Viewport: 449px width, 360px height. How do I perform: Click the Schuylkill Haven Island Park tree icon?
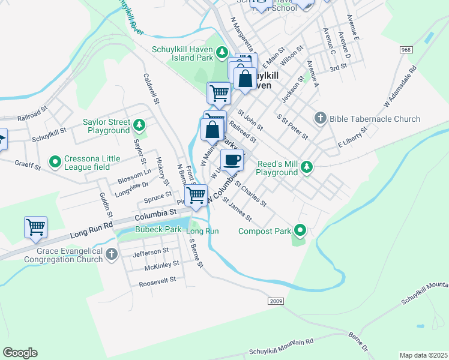(x=221, y=53)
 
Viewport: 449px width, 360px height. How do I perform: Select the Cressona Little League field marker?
(x=55, y=161)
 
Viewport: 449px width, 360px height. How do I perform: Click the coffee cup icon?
(x=232, y=160)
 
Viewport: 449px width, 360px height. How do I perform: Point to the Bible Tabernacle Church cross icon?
(x=320, y=118)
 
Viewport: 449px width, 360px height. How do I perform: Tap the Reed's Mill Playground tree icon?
(x=307, y=166)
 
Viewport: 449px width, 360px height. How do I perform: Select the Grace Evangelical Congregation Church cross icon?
(x=111, y=255)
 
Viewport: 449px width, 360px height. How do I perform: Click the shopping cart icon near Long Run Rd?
(x=35, y=227)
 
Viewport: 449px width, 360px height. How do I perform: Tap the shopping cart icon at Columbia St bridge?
(x=196, y=195)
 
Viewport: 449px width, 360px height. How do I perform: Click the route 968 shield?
(x=407, y=50)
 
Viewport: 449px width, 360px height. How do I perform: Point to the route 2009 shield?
(x=276, y=301)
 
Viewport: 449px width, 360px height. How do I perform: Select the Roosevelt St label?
(x=157, y=280)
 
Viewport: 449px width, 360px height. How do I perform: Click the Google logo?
(x=20, y=352)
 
